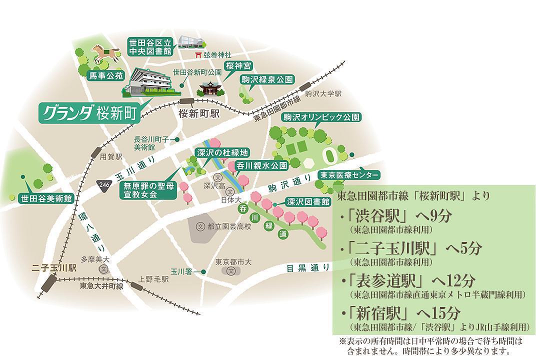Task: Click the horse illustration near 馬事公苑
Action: pos(104,53)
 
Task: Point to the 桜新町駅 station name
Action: pos(199,113)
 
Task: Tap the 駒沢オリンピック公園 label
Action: pos(319,117)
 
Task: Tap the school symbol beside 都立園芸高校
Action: pos(200,226)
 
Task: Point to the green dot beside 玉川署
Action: pos(204,271)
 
